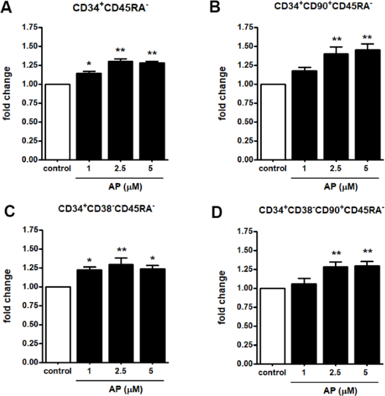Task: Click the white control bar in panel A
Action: click(58, 122)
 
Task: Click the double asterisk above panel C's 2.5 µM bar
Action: click(120, 250)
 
